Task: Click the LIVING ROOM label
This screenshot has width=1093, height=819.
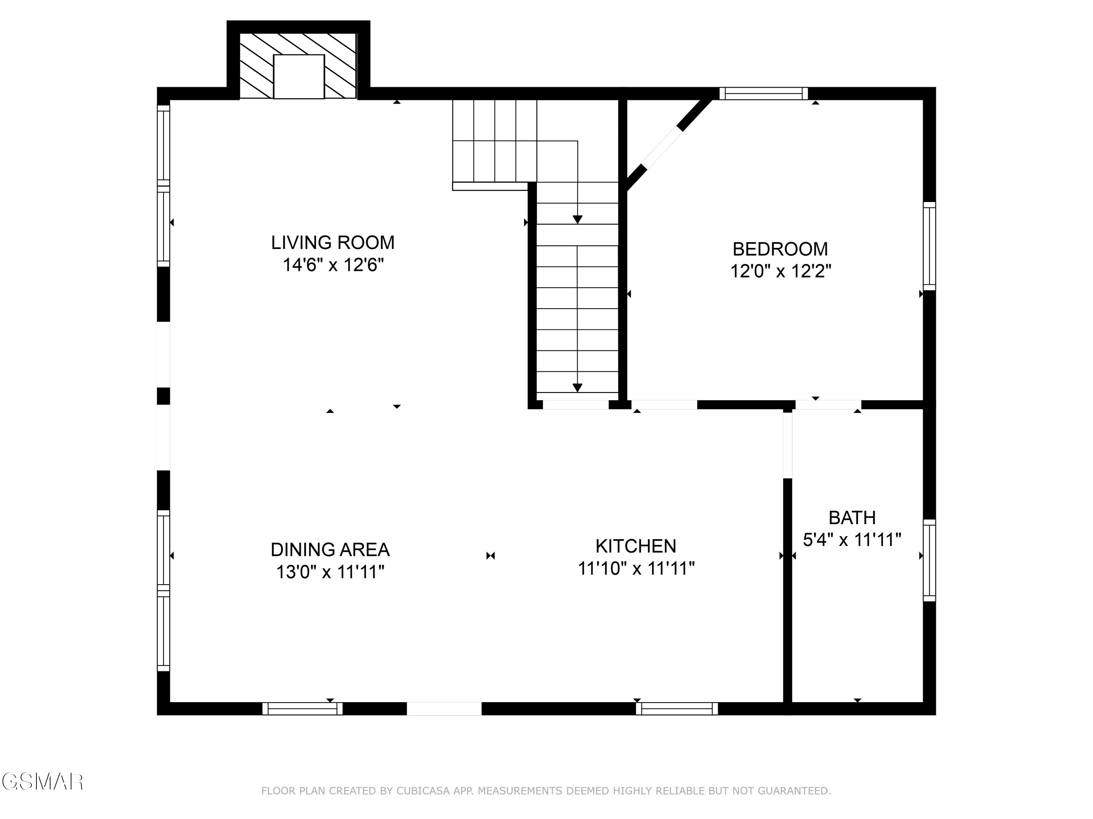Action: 333,243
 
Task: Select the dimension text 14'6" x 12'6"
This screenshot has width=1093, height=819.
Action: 333,266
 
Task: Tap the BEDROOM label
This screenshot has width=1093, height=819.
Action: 780,249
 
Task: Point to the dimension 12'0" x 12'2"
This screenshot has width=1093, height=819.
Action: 781,272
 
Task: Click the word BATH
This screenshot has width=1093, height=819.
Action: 852,518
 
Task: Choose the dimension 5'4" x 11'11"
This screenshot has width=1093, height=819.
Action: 852,540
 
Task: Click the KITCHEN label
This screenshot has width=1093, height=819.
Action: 635,546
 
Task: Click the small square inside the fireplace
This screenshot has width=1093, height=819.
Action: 298,76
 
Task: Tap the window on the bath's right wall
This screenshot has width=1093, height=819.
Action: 929,560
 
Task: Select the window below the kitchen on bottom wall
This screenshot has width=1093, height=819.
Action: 677,708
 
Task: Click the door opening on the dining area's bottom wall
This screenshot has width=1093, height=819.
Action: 444,708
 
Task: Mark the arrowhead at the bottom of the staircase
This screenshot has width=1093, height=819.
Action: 577,388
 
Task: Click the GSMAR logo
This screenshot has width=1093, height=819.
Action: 42,782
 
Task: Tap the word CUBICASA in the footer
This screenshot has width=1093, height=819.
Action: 423,791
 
